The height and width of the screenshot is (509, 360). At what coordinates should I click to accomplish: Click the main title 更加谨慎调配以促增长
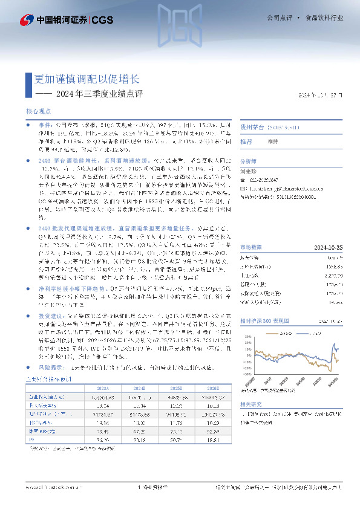(x=87, y=79)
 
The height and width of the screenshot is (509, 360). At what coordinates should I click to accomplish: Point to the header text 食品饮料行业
(x=324, y=19)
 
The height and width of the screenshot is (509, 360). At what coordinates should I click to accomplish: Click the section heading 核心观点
(x=39, y=112)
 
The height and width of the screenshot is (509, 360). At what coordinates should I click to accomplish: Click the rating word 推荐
(x=246, y=141)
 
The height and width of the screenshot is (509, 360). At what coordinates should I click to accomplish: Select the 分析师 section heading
(x=249, y=161)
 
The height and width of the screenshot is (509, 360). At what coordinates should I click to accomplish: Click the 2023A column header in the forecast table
(x=103, y=387)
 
